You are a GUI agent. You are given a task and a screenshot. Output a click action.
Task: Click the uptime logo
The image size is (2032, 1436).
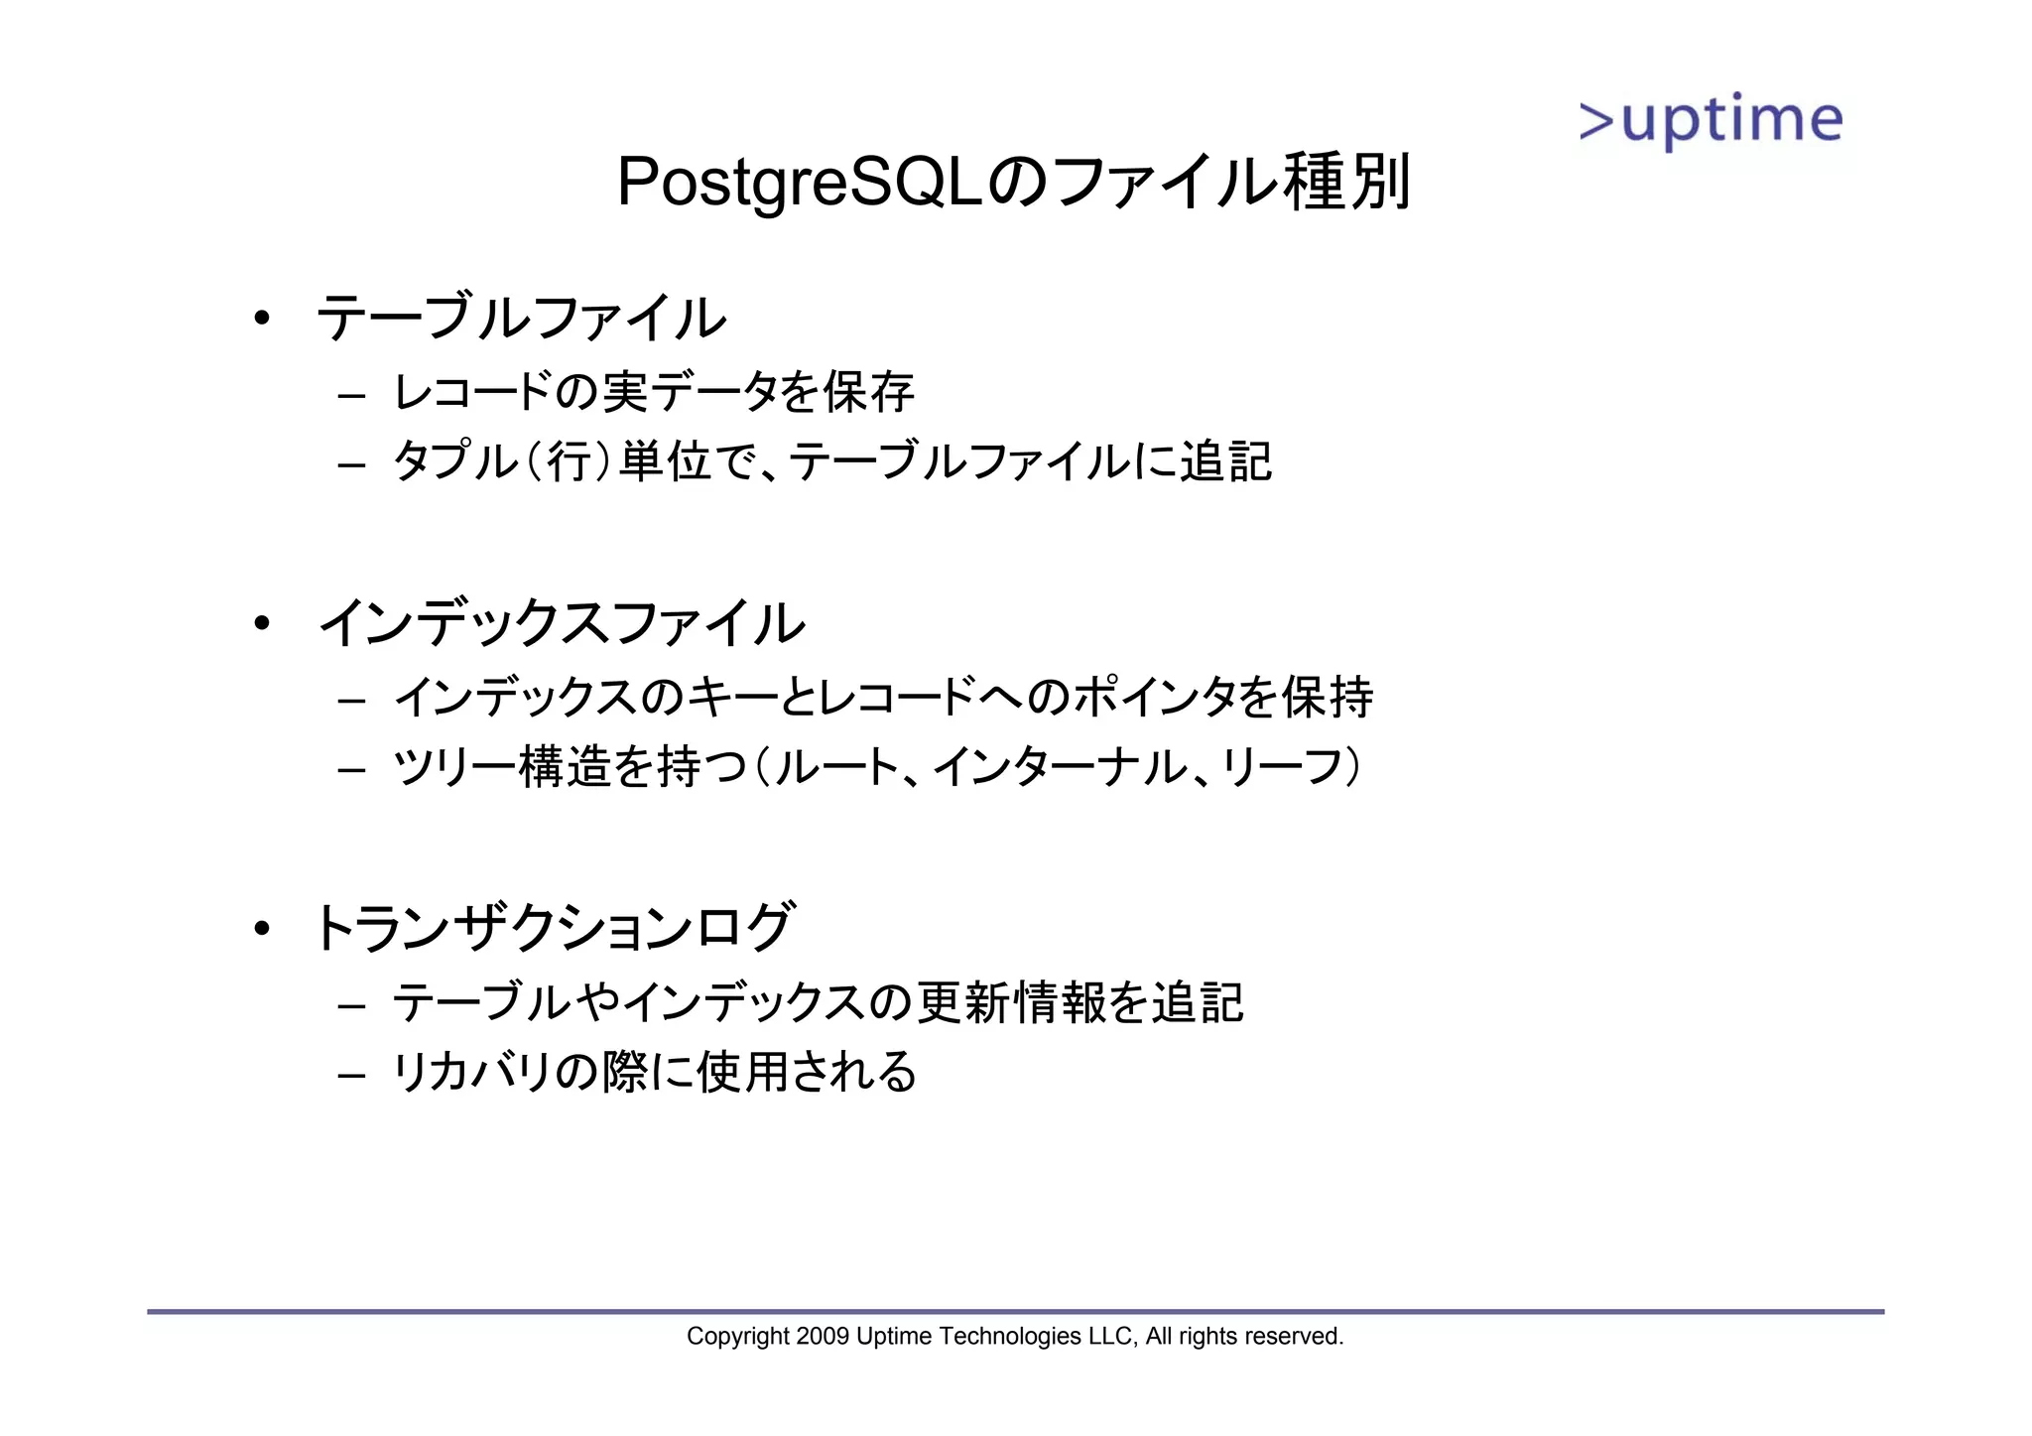click(1711, 122)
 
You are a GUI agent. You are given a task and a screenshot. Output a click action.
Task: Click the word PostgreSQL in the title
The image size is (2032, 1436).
click(800, 183)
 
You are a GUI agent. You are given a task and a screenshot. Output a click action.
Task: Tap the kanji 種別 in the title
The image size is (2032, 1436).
click(1346, 183)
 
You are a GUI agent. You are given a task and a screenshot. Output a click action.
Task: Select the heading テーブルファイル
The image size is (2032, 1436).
click(521, 319)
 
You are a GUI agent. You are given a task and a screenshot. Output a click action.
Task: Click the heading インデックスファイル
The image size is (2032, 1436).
click(561, 624)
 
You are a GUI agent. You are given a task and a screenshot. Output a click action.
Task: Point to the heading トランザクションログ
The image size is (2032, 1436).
click(553, 928)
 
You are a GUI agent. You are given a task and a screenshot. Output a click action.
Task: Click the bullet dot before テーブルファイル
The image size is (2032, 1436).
click(261, 319)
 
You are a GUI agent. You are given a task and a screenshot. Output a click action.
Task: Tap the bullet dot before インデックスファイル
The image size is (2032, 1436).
click(261, 624)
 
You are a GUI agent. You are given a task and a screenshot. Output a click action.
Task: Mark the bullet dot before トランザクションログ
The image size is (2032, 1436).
click(261, 929)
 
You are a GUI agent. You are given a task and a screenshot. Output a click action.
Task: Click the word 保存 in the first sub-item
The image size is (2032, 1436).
click(869, 392)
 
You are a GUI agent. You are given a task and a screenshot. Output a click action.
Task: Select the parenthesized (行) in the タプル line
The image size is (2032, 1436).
click(569, 461)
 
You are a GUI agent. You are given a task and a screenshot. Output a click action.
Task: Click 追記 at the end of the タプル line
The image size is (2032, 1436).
click(1225, 461)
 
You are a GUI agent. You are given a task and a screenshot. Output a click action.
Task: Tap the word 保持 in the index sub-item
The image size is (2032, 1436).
click(1328, 697)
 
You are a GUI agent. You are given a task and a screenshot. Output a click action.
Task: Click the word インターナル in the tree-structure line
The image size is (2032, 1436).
click(1059, 766)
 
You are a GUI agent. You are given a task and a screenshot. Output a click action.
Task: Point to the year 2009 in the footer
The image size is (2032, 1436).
click(822, 1337)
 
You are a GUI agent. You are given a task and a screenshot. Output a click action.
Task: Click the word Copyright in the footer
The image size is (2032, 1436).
click(737, 1337)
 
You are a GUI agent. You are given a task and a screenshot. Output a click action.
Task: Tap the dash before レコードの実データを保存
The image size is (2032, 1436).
click(351, 395)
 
